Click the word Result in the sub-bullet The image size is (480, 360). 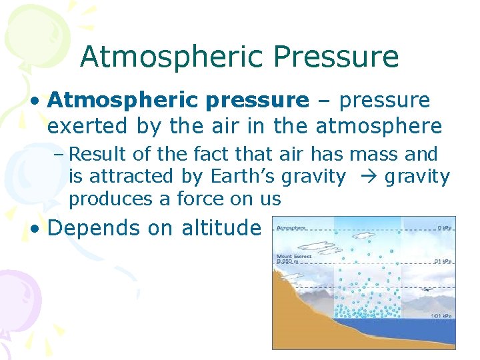98,155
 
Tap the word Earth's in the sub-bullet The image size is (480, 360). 241,177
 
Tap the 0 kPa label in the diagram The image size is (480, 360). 442,227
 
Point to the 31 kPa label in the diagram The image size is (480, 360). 441,260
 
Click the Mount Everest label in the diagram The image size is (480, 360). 294,257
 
